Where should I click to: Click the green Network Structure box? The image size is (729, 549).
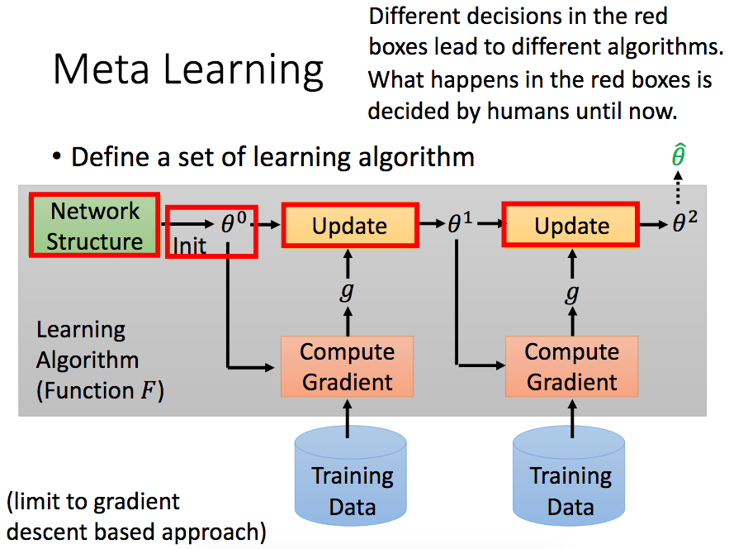click(94, 226)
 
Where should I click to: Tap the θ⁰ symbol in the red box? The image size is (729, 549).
click(234, 222)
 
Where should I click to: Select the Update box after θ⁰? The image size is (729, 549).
click(349, 226)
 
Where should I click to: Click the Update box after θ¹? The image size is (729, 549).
click(571, 226)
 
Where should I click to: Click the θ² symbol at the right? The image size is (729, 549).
click(684, 223)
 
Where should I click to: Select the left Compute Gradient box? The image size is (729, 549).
click(347, 366)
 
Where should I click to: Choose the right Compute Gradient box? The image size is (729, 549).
click(571, 366)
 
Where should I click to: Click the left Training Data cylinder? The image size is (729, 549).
click(352, 488)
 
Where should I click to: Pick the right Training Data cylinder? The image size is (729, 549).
click(570, 488)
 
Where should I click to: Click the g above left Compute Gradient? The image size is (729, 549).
click(348, 291)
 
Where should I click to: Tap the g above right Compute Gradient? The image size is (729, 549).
click(571, 291)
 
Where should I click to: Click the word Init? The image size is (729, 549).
click(189, 246)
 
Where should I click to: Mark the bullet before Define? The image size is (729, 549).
click(57, 157)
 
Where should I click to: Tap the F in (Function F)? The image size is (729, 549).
click(147, 391)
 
